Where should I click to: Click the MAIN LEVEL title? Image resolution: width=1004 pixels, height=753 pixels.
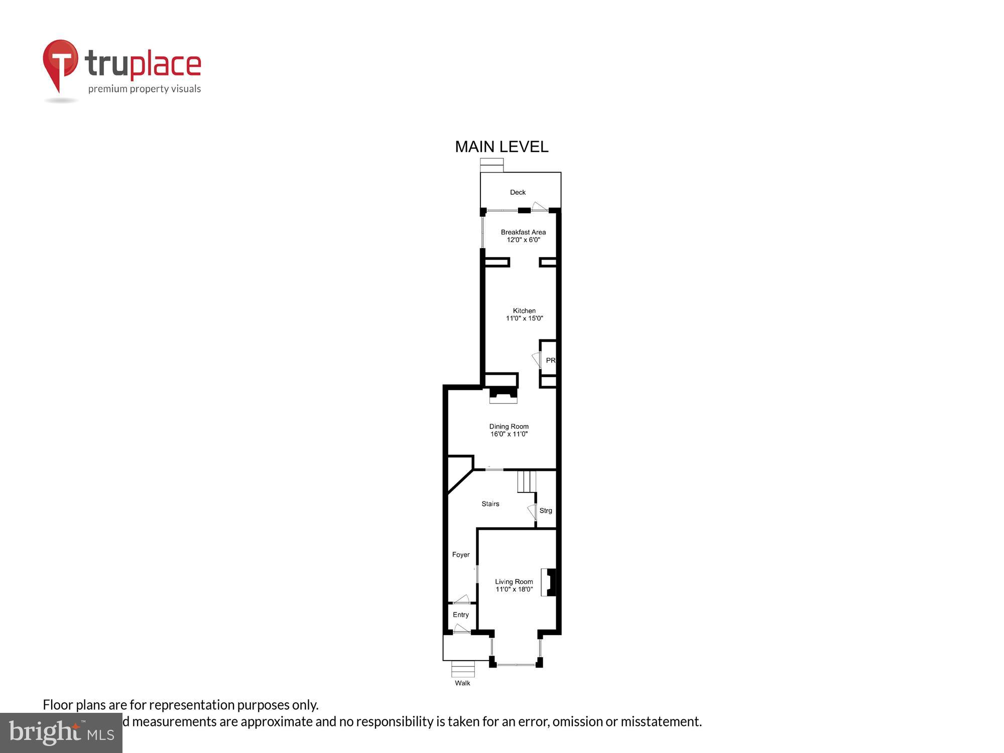[501, 147]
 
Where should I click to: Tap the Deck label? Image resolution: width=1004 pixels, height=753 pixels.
[518, 192]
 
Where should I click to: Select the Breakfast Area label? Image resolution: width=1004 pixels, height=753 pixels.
[523, 232]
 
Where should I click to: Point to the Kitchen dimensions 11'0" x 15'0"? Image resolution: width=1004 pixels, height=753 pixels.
[524, 318]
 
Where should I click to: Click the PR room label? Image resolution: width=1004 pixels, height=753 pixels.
[550, 360]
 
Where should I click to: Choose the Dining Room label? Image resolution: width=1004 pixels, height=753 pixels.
[509, 426]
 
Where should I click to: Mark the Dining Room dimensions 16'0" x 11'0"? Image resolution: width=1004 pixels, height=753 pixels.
[509, 434]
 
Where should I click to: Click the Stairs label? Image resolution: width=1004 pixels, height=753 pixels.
[490, 504]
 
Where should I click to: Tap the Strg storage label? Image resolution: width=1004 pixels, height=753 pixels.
[546, 511]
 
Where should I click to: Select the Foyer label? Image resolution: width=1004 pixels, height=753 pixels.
[461, 555]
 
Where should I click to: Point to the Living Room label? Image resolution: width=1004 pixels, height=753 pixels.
[514, 582]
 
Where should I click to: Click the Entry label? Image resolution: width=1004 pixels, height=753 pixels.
[461, 615]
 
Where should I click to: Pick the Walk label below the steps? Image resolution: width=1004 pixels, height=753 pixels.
[462, 683]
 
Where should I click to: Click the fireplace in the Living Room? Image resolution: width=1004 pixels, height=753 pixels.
[549, 582]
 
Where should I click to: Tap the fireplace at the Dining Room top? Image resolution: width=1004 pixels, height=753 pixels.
[504, 395]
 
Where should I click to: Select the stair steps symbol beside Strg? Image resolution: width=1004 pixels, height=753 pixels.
[527, 481]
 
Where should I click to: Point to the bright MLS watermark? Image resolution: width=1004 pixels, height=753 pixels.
[61, 733]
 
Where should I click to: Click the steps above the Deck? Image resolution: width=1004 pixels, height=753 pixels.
[491, 165]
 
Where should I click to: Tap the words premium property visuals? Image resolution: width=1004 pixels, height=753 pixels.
[145, 89]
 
